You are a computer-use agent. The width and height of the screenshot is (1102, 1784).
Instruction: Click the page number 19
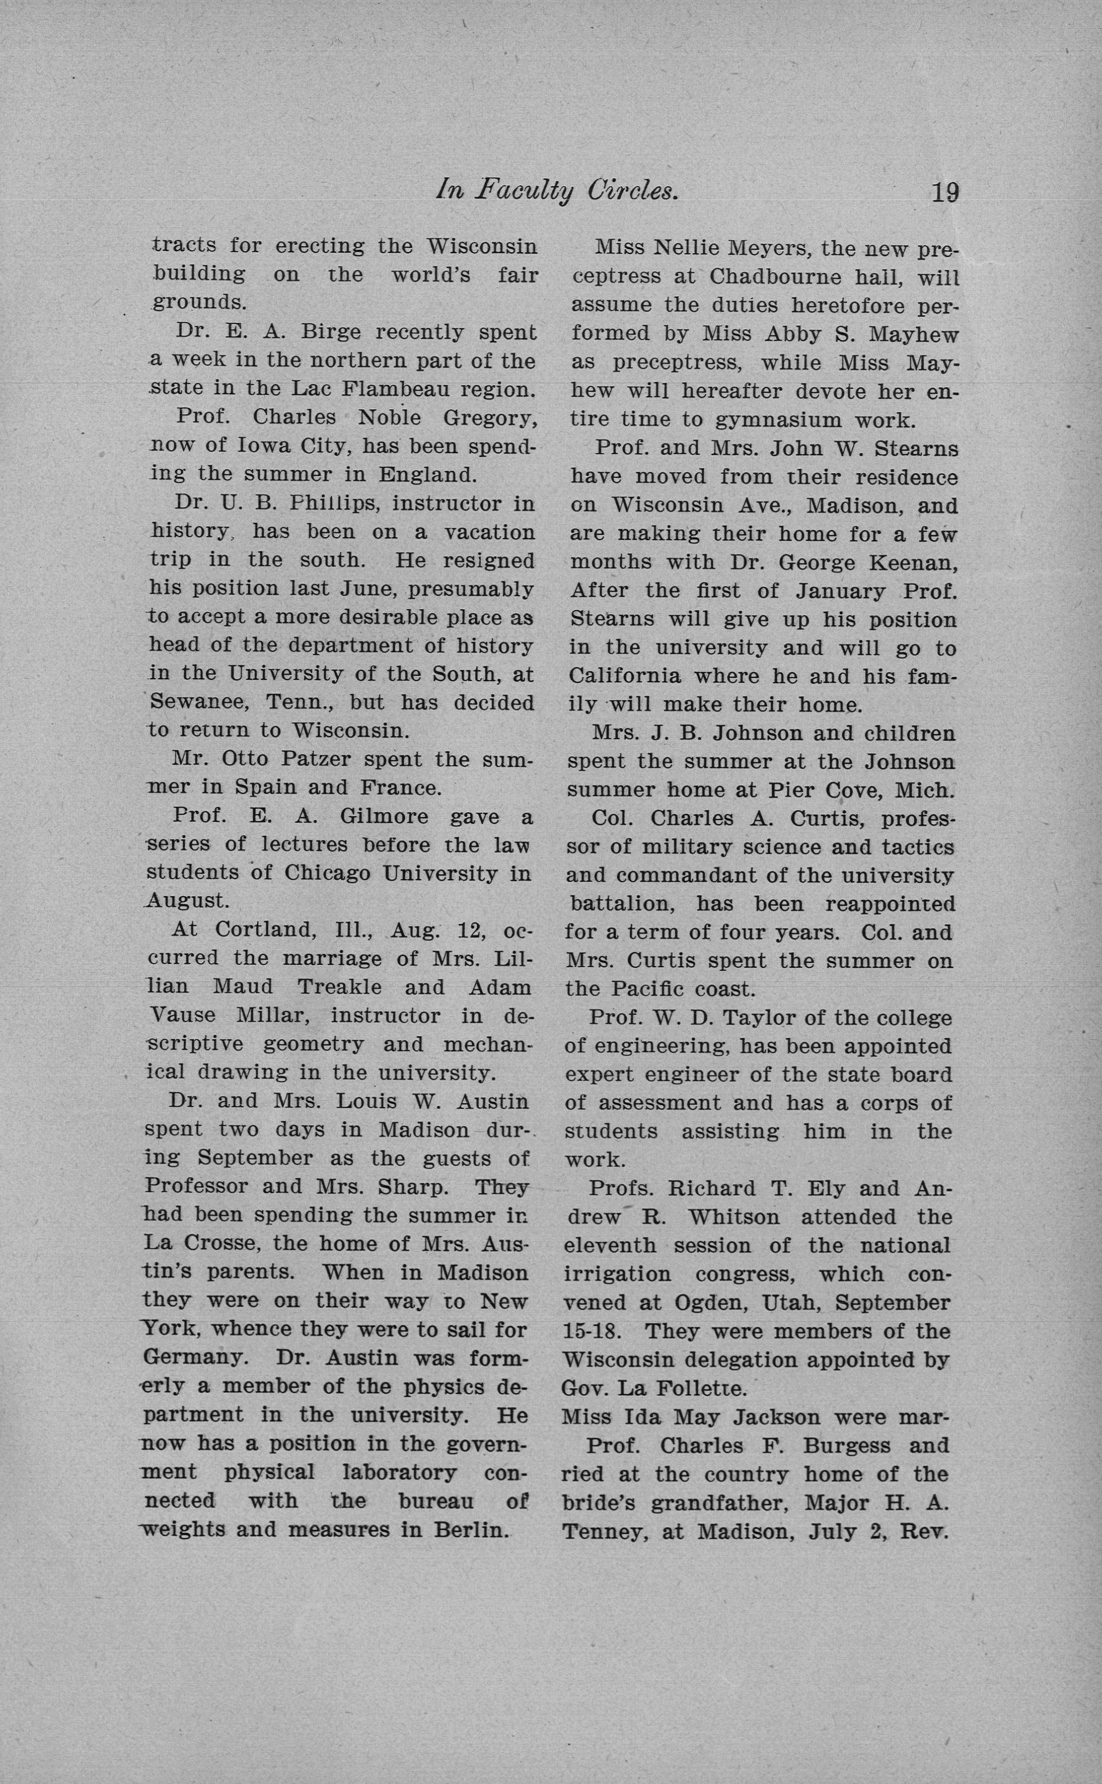point(944,192)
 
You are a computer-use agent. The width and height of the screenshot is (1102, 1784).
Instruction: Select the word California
point(625,676)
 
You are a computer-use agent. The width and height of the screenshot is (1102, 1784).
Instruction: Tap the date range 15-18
point(592,1331)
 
